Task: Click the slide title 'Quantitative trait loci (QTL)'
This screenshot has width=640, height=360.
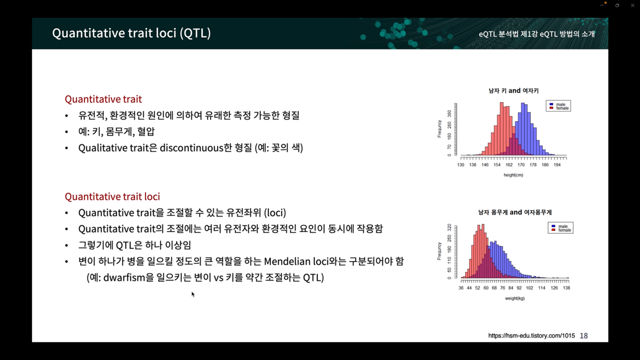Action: point(131,34)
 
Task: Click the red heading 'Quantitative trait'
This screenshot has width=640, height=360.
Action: point(103,99)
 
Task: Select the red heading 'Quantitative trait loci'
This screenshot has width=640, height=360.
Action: point(113,197)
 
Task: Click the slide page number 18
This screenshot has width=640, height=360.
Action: point(583,335)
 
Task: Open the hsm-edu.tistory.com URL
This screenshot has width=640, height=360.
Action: point(531,335)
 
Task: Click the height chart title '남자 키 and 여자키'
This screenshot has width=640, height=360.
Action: point(514,91)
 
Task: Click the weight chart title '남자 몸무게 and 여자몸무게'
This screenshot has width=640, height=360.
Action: point(515,212)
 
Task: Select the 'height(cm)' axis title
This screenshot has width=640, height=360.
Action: point(514,175)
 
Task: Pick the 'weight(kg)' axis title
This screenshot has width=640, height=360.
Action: point(515,298)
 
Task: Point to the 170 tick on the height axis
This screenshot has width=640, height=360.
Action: point(521,165)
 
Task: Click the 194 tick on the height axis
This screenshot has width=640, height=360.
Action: point(557,165)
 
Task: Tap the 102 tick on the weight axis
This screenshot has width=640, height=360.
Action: point(530,288)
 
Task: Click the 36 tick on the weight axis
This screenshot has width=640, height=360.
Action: point(461,288)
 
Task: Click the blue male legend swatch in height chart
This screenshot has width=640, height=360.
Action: point(551,105)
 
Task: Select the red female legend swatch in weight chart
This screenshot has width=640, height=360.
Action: point(554,230)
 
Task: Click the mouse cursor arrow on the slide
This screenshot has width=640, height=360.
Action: point(193,294)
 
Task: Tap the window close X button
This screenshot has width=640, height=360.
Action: point(633,5)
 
